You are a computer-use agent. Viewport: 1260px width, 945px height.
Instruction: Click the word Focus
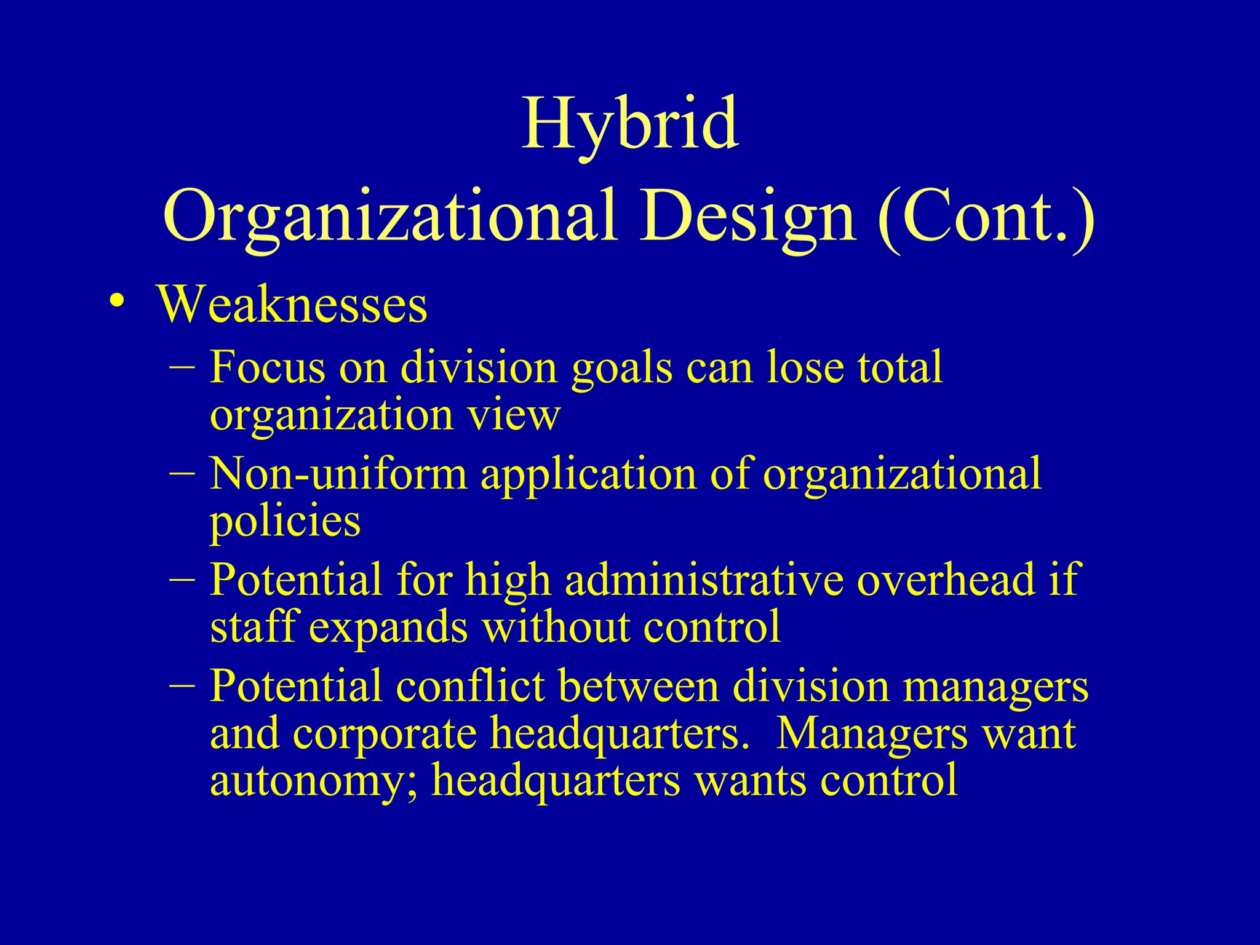(267, 367)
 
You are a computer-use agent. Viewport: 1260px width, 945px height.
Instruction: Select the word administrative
(704, 580)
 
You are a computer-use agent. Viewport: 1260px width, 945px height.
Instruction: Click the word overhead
(946, 580)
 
